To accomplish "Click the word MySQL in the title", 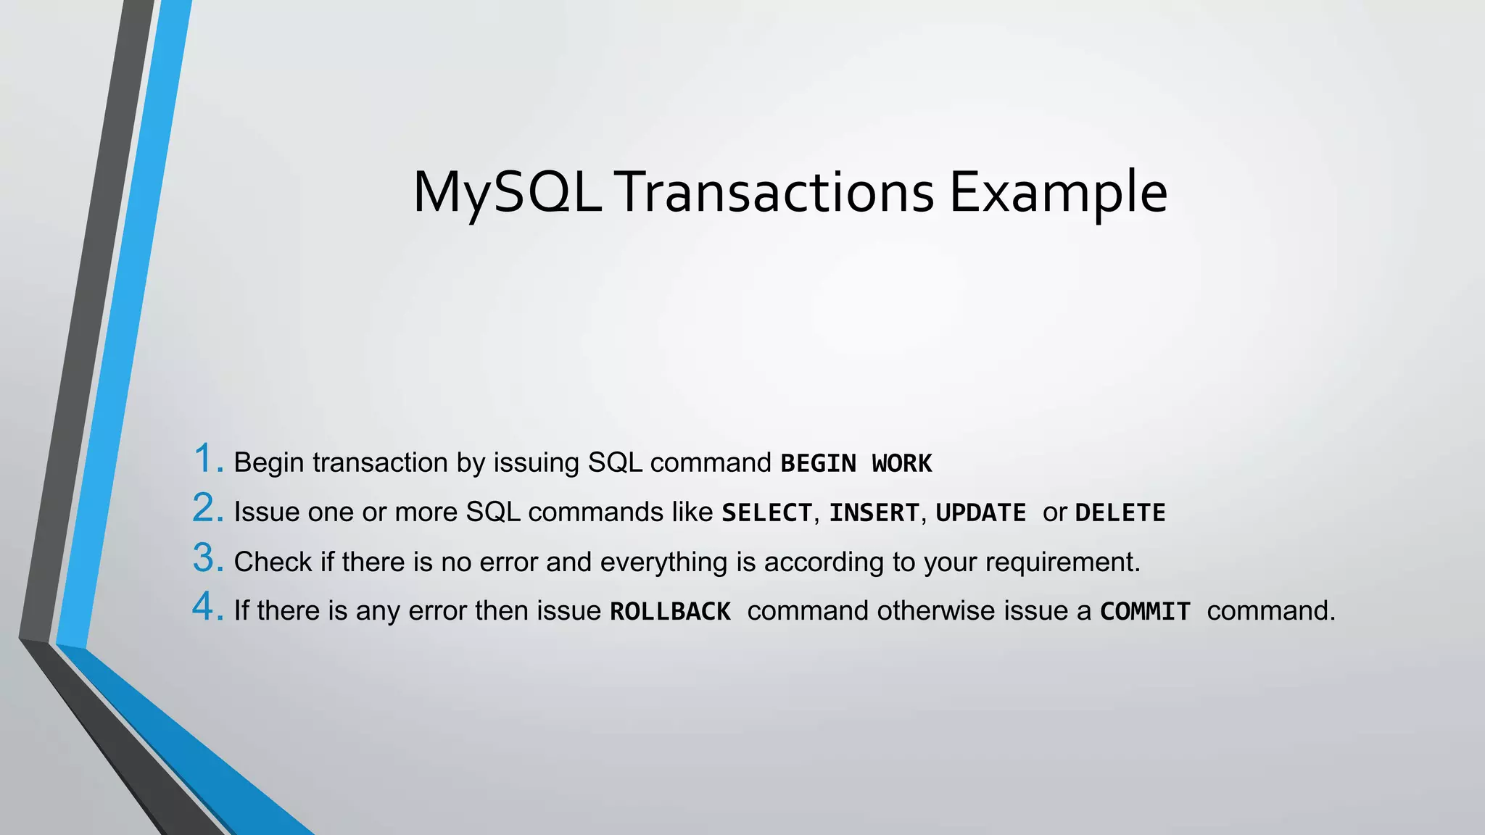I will pos(506,193).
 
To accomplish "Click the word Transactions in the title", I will pos(776,193).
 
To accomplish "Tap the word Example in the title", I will pos(1058,193).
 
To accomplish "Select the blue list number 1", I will pos(206,460).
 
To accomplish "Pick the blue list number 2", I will pos(207,509).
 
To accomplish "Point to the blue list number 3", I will pos(207,559).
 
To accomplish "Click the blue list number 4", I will pos(207,607).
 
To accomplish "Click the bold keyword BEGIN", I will pos(818,463).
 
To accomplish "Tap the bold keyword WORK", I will pos(901,463).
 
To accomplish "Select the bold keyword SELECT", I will pos(766,513).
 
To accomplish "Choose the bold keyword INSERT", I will pos(874,513).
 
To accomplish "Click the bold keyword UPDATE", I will pos(980,513).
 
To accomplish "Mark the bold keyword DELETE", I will pos(1120,513).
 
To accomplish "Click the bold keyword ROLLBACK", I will pos(670,612).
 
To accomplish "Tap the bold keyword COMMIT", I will pos(1145,612).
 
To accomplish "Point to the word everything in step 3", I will pos(663,562).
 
